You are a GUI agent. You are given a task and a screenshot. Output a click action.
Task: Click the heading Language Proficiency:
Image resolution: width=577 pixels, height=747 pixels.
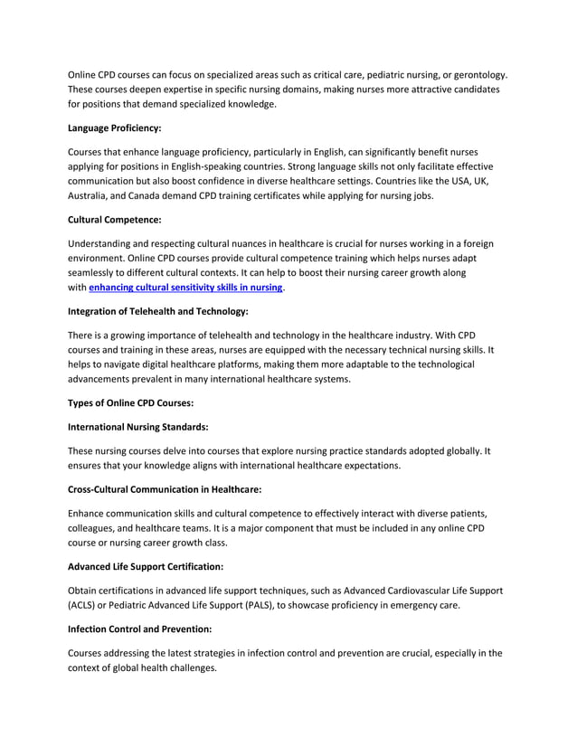(x=115, y=129)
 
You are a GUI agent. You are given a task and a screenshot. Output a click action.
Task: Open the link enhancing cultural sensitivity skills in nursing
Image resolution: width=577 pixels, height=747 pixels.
(x=185, y=288)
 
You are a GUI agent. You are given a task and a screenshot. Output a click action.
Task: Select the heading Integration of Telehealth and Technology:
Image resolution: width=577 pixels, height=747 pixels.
(x=158, y=312)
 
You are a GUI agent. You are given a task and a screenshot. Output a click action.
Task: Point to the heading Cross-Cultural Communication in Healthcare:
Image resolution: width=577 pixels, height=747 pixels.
(x=166, y=488)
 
